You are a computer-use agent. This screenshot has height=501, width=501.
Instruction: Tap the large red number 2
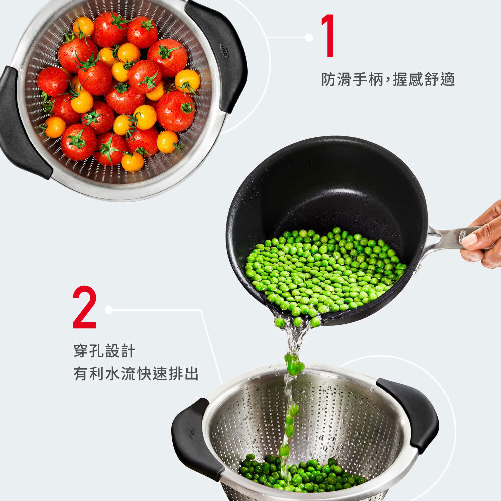(x=84, y=307)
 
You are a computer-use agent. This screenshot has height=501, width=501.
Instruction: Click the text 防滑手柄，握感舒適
(x=388, y=79)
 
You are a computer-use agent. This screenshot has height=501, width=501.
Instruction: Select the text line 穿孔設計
(x=105, y=351)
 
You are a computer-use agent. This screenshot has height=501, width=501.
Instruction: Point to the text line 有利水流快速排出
(x=136, y=373)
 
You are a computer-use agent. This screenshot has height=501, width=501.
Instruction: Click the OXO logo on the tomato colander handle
(x=224, y=51)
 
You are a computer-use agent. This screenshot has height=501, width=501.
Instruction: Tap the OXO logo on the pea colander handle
(x=192, y=433)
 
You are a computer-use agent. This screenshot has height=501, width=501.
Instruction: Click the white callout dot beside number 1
(x=309, y=38)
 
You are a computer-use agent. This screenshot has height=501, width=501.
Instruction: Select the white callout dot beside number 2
(x=109, y=310)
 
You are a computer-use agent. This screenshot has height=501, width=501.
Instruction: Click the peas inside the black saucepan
(x=323, y=272)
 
